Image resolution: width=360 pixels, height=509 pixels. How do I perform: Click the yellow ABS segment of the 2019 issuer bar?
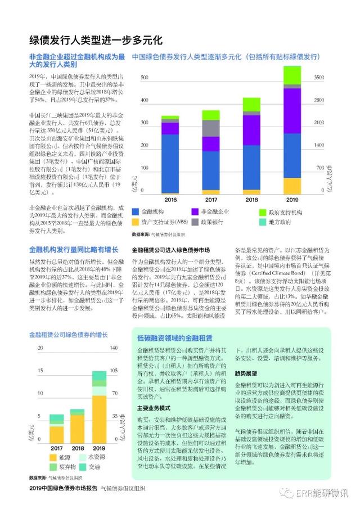point(291,186)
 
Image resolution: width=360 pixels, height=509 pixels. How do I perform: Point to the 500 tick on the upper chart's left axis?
point(145,77)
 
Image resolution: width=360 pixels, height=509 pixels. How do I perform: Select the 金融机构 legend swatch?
point(136,211)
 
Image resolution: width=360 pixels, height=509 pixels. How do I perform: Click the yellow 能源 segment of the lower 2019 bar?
point(98,420)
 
